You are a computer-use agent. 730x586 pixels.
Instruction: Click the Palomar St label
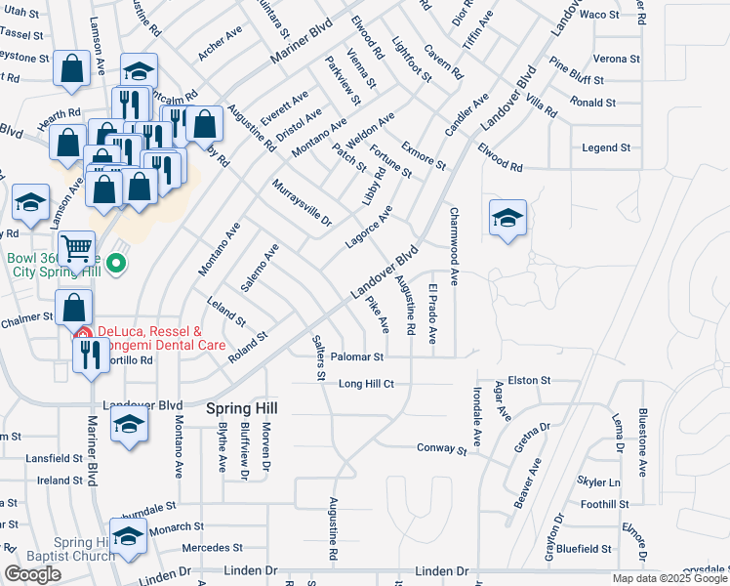pos(356,357)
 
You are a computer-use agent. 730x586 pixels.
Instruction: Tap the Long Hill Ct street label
pos(366,384)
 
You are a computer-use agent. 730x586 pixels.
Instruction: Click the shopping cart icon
pos(75,248)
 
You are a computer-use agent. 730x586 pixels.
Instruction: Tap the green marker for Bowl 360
pos(116,264)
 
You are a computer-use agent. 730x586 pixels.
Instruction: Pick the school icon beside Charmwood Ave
pos(507,218)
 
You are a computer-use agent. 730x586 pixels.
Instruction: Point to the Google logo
pos(32,574)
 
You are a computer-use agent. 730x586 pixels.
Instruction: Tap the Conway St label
pos(442,450)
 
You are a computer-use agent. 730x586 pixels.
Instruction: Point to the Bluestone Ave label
pos(642,441)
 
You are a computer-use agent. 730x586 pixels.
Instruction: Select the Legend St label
pos(605,147)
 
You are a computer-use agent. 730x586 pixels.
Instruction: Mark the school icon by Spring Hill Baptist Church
pos(127,535)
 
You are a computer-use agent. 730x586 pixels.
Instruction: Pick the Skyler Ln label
pos(598,482)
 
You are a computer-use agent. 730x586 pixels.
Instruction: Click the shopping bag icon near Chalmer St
pos(74,308)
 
